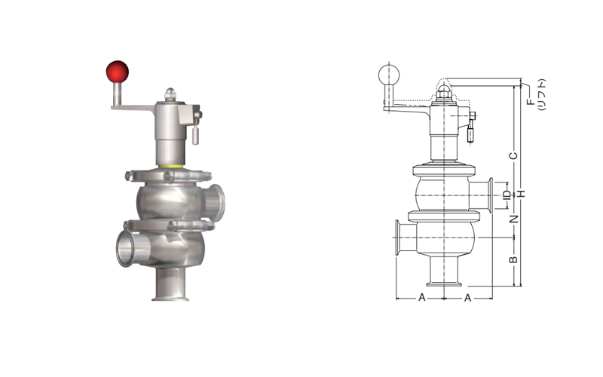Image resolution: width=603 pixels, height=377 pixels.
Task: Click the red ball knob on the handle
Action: [118, 72]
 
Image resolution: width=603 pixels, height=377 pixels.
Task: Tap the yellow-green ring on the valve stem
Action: [171, 166]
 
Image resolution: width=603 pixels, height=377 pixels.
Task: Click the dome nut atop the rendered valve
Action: [170, 93]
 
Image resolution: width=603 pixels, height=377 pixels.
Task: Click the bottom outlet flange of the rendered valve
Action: [170, 297]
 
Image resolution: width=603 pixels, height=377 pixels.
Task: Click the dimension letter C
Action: [513, 156]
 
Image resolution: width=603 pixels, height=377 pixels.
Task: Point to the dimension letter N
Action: [514, 219]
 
